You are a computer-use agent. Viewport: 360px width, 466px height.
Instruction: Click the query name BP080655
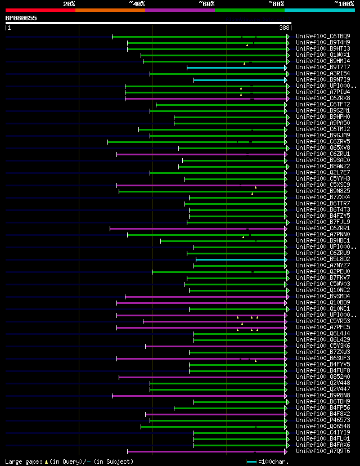tap(21, 18)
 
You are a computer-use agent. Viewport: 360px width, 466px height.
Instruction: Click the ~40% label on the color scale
tap(137, 4)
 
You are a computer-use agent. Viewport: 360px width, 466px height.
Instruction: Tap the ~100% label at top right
tap(344, 4)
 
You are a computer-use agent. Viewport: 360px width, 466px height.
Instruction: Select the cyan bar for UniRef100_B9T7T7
tap(236, 68)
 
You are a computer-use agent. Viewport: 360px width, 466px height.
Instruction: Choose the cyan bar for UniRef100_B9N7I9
tap(240, 80)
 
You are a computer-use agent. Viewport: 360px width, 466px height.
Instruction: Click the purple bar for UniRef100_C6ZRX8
tap(205, 98)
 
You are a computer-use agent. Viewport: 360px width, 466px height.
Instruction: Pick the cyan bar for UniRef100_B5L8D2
tap(241, 259)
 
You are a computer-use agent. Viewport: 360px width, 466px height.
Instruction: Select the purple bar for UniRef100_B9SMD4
tap(205, 297)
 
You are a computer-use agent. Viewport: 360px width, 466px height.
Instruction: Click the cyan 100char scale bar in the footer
tap(251, 461)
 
